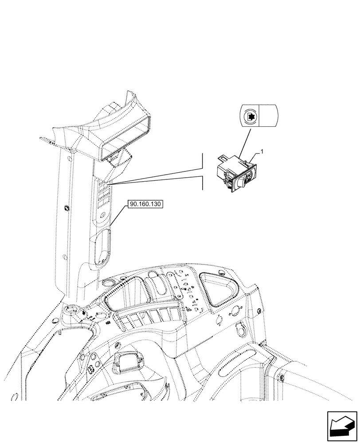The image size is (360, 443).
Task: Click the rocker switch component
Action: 235,175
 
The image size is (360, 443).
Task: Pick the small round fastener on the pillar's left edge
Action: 67,208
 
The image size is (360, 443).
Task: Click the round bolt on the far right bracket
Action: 282,378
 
